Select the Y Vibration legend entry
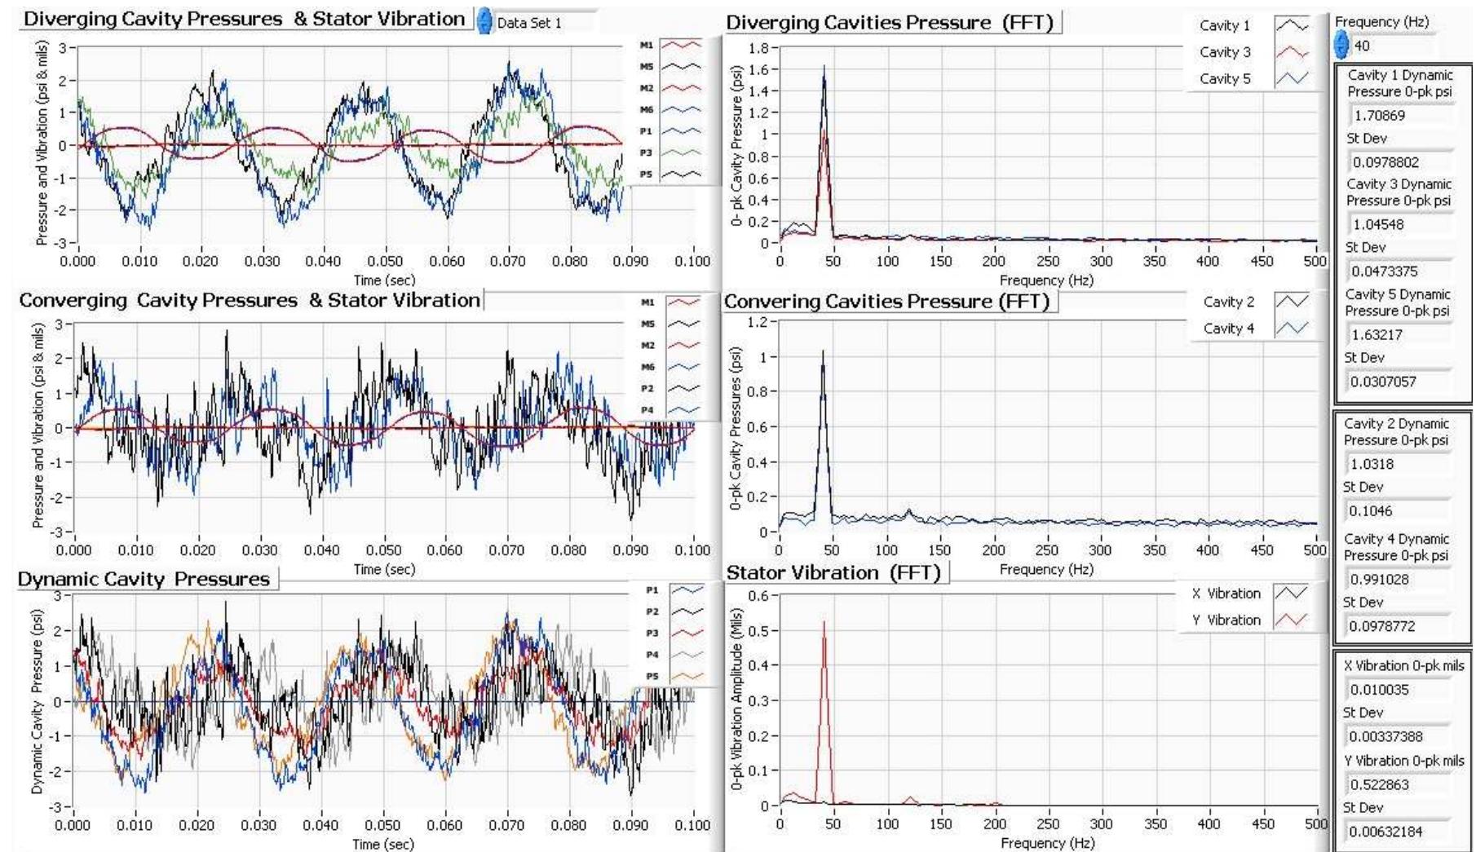click(x=1248, y=620)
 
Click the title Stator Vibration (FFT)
click(x=833, y=573)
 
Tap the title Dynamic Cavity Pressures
click(x=144, y=580)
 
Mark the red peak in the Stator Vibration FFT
click(x=824, y=624)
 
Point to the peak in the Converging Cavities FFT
click(x=823, y=353)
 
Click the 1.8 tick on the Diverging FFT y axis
click(x=758, y=48)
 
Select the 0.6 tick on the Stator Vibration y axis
click(x=758, y=596)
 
